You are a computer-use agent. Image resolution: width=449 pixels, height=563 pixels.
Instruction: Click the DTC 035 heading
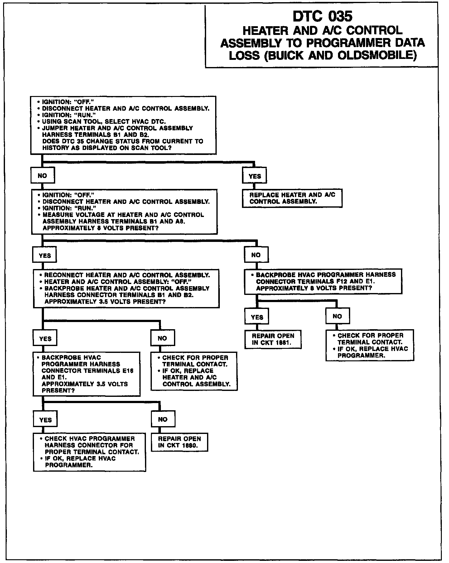322,17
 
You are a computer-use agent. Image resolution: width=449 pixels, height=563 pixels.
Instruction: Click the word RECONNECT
63,275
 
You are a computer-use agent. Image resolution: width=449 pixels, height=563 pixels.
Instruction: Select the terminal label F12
342,281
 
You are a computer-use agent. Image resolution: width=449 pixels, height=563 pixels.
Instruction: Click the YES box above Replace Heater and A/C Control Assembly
254,176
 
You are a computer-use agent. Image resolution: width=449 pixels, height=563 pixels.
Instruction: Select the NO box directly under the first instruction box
42,176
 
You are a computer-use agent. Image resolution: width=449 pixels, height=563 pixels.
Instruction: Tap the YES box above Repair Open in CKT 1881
257,317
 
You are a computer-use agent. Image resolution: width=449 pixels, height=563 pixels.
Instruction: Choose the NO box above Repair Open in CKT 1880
163,419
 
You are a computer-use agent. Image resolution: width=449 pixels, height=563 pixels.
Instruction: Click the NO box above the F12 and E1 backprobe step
256,255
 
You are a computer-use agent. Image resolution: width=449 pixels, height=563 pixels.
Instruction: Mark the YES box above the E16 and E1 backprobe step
45,339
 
